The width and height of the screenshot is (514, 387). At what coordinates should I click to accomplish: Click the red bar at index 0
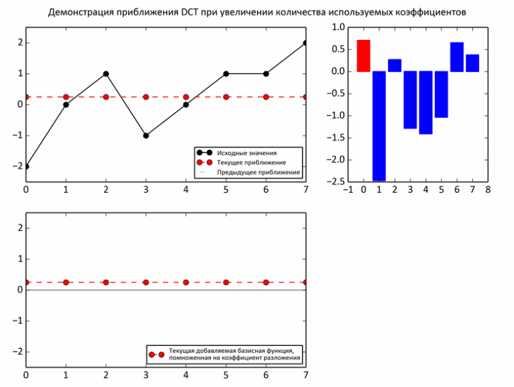[364, 56]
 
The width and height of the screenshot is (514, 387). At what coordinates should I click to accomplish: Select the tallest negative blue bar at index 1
[379, 125]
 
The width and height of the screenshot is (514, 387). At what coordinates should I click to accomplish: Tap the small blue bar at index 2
[394, 66]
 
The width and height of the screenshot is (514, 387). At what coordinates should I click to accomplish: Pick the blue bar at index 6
[457, 57]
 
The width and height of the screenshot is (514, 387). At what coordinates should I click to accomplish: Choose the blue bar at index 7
[472, 63]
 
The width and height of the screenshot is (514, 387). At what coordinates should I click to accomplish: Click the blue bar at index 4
[425, 102]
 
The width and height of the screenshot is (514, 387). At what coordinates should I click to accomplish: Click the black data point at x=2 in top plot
[106, 73]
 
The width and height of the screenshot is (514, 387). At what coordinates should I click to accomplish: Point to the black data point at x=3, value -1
[146, 136]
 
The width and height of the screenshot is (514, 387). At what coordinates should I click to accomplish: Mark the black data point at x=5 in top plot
[226, 73]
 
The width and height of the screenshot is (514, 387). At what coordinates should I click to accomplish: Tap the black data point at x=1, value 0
[66, 105]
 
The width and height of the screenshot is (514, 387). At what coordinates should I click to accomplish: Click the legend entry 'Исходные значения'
[247, 153]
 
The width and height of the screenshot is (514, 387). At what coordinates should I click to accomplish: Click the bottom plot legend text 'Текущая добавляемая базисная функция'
[231, 350]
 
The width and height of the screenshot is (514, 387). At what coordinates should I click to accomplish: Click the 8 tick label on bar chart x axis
[488, 190]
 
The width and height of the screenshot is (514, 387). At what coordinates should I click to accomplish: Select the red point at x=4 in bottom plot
[186, 282]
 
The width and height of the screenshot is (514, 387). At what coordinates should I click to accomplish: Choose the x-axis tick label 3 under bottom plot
[146, 375]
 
